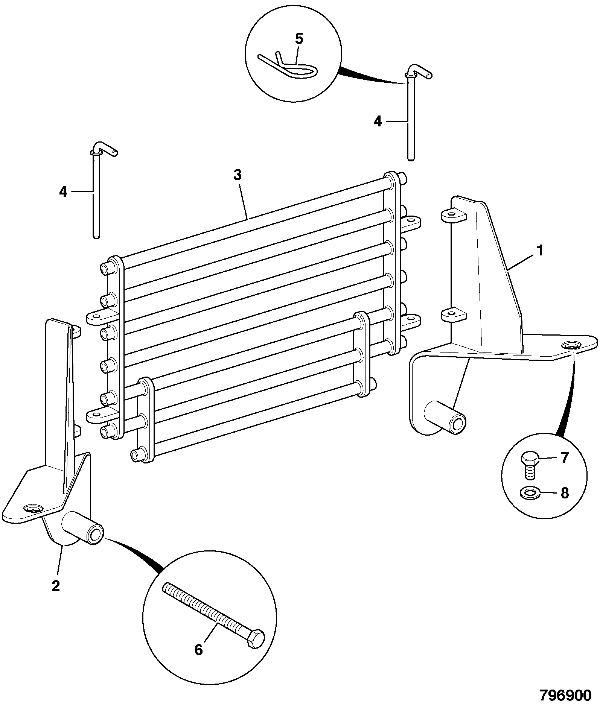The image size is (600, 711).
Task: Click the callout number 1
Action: click(x=540, y=251)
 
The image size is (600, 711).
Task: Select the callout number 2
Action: click(x=56, y=586)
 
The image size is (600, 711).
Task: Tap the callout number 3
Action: click(x=237, y=175)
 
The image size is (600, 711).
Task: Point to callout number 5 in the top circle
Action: click(x=299, y=39)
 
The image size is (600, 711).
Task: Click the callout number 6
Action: click(x=199, y=650)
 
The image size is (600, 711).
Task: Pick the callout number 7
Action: click(x=564, y=459)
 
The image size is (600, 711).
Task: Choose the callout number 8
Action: click(x=564, y=493)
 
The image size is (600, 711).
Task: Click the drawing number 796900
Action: click(x=565, y=696)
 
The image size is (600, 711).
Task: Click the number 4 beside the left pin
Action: click(x=63, y=192)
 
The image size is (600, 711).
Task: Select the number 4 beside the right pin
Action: click(x=378, y=122)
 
